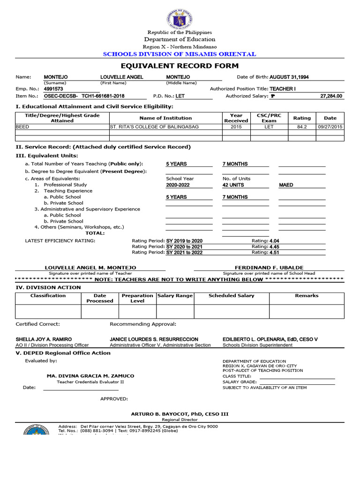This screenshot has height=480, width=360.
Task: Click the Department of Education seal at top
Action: coord(180,19)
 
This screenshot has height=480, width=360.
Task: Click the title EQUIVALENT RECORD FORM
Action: coord(180,66)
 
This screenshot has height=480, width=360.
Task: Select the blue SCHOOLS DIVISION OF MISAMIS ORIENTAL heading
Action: coord(180,54)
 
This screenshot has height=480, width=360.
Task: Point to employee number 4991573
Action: coord(53,89)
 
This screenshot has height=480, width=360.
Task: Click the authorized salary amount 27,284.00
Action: coord(331,96)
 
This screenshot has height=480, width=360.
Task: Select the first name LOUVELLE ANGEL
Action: coord(122,77)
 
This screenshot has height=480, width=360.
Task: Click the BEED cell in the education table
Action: coord(22,127)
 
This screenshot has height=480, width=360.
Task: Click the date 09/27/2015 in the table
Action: coord(330,127)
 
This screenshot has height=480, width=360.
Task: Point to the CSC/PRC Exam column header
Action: coord(269,118)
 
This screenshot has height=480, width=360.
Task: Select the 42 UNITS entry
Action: coord(233,185)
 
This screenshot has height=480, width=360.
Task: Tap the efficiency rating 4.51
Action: coord(274,252)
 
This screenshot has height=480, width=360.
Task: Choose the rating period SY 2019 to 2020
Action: coord(184,241)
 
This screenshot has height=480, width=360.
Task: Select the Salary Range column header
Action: coord(175,296)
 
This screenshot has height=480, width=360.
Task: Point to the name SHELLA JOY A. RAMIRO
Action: coord(44,339)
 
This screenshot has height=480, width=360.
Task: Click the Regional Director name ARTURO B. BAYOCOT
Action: coord(180,414)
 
